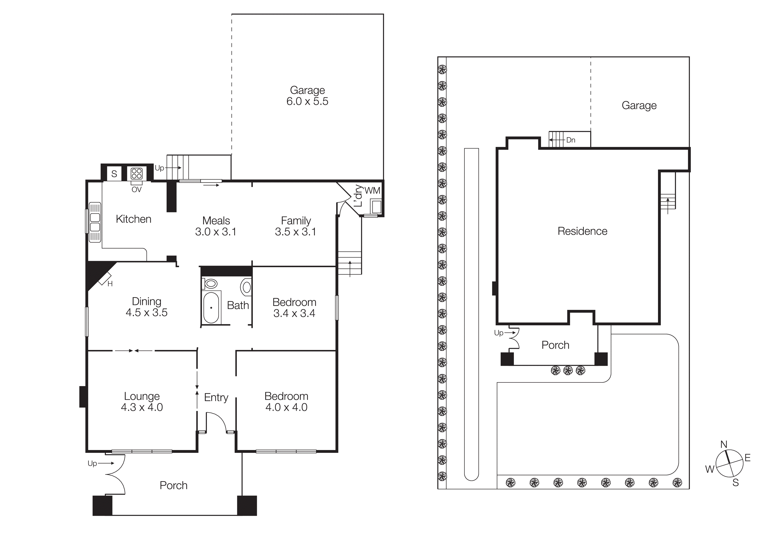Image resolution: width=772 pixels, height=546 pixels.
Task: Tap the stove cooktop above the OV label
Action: pos(136,174)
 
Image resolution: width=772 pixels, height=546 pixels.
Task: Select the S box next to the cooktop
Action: pos(114,174)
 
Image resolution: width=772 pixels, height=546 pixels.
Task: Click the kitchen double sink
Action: pos(95,222)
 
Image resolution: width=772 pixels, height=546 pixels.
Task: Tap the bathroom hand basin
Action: pos(246,287)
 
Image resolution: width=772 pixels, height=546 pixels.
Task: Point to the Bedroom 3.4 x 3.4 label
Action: pos(294,307)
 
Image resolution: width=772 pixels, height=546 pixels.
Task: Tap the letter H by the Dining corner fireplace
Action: pos(110,284)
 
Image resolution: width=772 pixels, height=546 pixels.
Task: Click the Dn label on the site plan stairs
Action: pos(571,140)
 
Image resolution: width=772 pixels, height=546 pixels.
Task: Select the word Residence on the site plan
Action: pos(582,231)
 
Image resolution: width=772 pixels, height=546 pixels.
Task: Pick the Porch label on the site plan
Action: pos(555,345)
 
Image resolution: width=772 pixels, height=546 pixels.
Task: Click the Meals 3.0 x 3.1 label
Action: pos(216,226)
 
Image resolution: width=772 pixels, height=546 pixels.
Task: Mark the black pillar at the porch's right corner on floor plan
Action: pos(247,505)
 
